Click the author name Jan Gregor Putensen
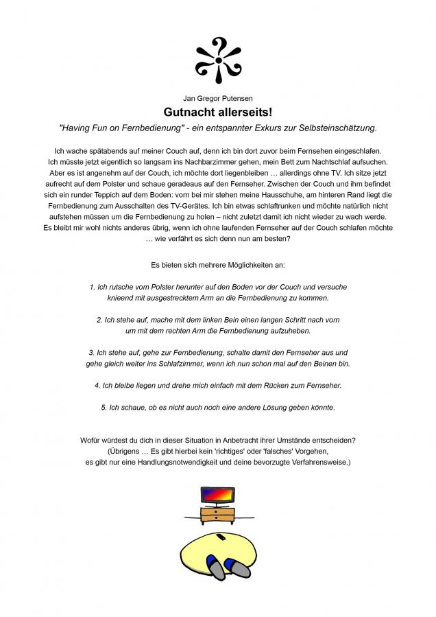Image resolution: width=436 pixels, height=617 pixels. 218,98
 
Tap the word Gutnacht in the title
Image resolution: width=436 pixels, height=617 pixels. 189,111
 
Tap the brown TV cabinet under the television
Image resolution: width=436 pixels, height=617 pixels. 218,516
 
